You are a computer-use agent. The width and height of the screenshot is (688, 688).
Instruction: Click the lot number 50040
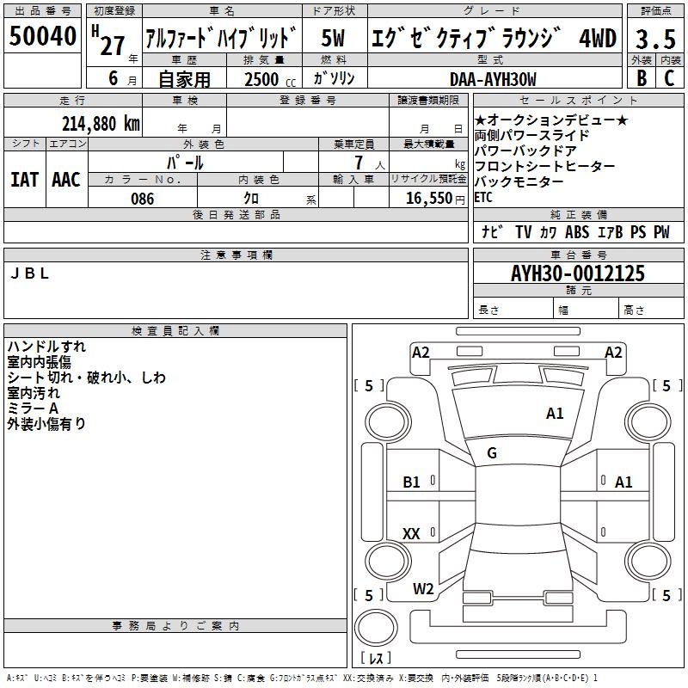42,35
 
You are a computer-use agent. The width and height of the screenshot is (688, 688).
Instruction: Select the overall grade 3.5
655,39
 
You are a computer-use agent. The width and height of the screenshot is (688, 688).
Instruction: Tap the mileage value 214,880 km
101,124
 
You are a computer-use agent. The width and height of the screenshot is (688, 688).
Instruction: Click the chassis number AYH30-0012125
577,273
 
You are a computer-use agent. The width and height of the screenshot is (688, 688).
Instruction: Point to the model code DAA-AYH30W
493,79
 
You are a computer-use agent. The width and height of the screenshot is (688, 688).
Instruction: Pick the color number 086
142,199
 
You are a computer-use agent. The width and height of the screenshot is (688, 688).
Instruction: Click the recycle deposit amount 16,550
428,199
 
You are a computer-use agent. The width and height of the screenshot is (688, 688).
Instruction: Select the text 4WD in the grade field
598,38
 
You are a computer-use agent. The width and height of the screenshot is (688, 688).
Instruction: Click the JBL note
29,273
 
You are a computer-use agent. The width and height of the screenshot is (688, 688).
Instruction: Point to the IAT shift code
25,180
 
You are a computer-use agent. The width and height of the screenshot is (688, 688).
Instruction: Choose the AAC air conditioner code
66,180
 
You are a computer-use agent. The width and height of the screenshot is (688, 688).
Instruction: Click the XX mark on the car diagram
411,533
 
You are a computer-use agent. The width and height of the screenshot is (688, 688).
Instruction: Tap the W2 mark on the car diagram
423,588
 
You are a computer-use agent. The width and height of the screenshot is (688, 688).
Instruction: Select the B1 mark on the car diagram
411,482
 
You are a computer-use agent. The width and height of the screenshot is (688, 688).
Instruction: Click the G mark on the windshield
492,453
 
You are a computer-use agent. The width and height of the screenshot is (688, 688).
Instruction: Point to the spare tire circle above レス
376,628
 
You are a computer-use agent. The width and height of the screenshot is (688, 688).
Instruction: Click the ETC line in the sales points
483,198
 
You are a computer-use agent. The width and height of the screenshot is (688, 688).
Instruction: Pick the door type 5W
333,38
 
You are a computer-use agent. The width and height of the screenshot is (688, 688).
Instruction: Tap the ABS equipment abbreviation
576,232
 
